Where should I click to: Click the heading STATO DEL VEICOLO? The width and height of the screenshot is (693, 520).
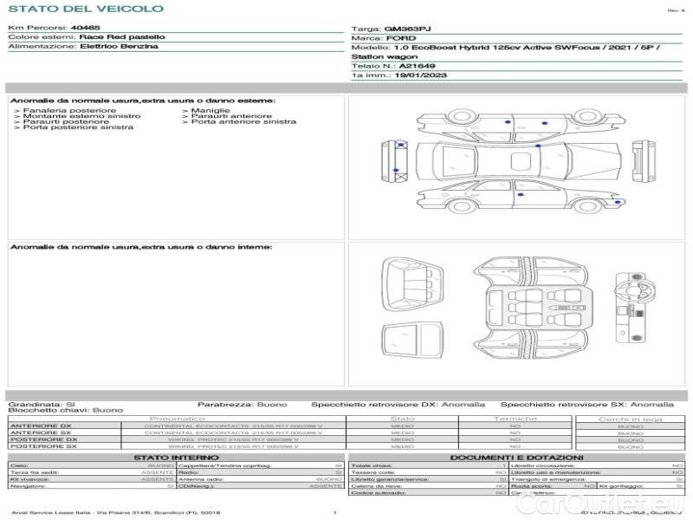tap(85, 9)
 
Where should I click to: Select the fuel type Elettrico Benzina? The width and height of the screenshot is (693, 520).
tap(119, 46)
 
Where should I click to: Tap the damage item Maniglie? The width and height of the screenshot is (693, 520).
tap(206, 111)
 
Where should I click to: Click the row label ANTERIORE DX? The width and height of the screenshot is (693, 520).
tap(40, 426)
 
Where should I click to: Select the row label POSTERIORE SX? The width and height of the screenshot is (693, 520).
tap(42, 446)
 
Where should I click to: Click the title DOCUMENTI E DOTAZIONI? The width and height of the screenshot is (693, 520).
tap(516, 457)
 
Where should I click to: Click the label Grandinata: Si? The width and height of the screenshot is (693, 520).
tap(42, 404)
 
